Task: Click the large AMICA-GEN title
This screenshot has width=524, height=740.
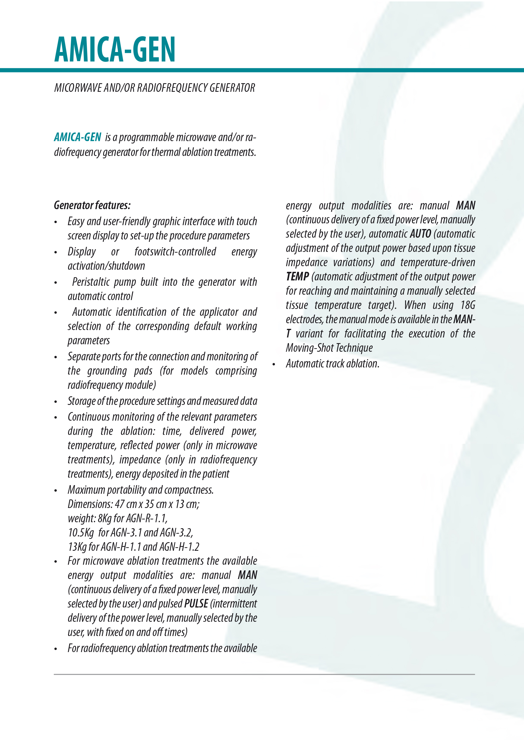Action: point(115,50)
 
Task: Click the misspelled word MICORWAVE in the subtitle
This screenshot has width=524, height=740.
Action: point(78,88)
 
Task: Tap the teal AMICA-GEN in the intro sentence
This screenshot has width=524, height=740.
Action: point(78,137)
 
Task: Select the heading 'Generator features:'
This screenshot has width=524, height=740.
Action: point(92,205)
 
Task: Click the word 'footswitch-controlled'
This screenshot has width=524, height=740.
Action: point(175,252)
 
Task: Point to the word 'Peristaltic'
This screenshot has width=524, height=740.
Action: point(91,282)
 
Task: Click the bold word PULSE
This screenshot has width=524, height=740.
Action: point(196,604)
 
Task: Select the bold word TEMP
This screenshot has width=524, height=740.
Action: point(297,277)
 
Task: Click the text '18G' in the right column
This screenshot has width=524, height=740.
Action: point(468,305)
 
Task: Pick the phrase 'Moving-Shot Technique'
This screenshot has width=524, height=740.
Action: point(329,348)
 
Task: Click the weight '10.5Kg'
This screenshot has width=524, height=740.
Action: point(81,533)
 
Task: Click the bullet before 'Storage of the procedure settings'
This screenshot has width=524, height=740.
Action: point(56,402)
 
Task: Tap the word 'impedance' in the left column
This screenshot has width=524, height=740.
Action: point(140,460)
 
